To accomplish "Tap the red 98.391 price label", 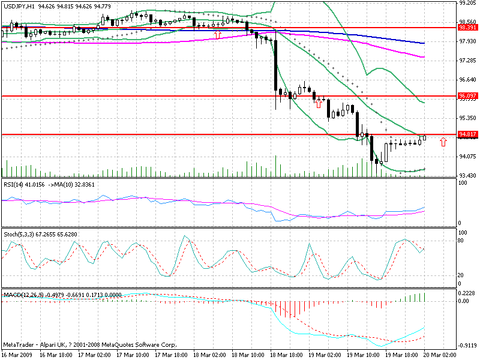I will pyautogui.click(x=467, y=28).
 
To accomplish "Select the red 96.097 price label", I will pyautogui.click(x=467, y=96).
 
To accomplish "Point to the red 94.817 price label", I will pyautogui.click(x=467, y=134).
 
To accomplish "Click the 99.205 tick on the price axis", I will pyautogui.click(x=467, y=3).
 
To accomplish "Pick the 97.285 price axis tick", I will pyautogui.click(x=467, y=61).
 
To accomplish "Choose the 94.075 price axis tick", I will pyautogui.click(x=467, y=157).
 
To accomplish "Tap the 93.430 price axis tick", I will pyautogui.click(x=467, y=175).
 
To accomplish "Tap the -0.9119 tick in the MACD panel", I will pyautogui.click(x=467, y=346).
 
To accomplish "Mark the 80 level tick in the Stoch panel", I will pyautogui.click(x=462, y=240).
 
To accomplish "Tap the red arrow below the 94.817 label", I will pyautogui.click(x=443, y=142).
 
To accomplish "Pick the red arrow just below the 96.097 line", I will pyautogui.click(x=319, y=104).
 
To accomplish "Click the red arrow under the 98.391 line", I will pyautogui.click(x=217, y=35).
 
